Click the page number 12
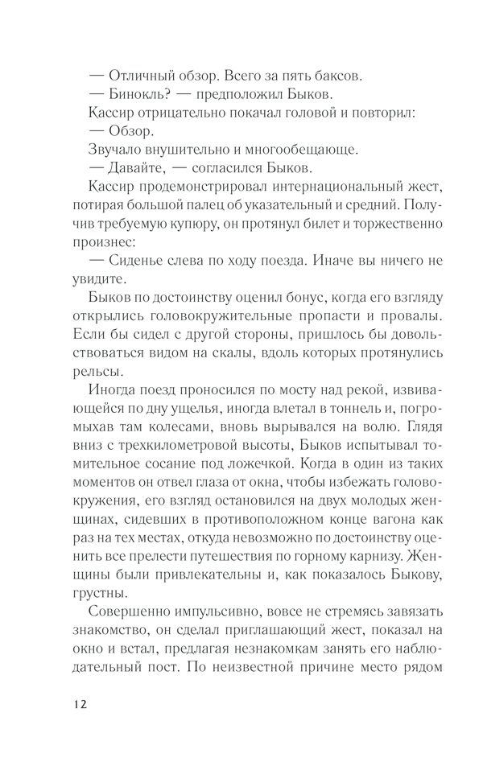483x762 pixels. (x=75, y=702)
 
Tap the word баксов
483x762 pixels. (x=336, y=76)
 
